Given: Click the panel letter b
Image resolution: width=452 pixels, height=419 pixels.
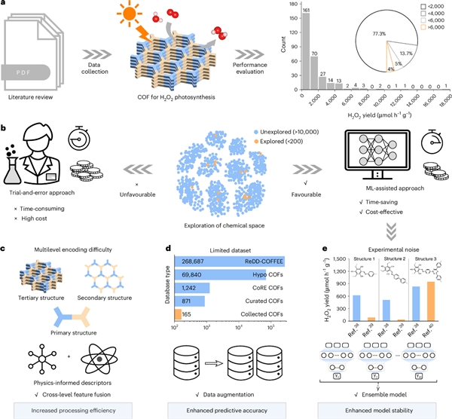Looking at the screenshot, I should point(6,119).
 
